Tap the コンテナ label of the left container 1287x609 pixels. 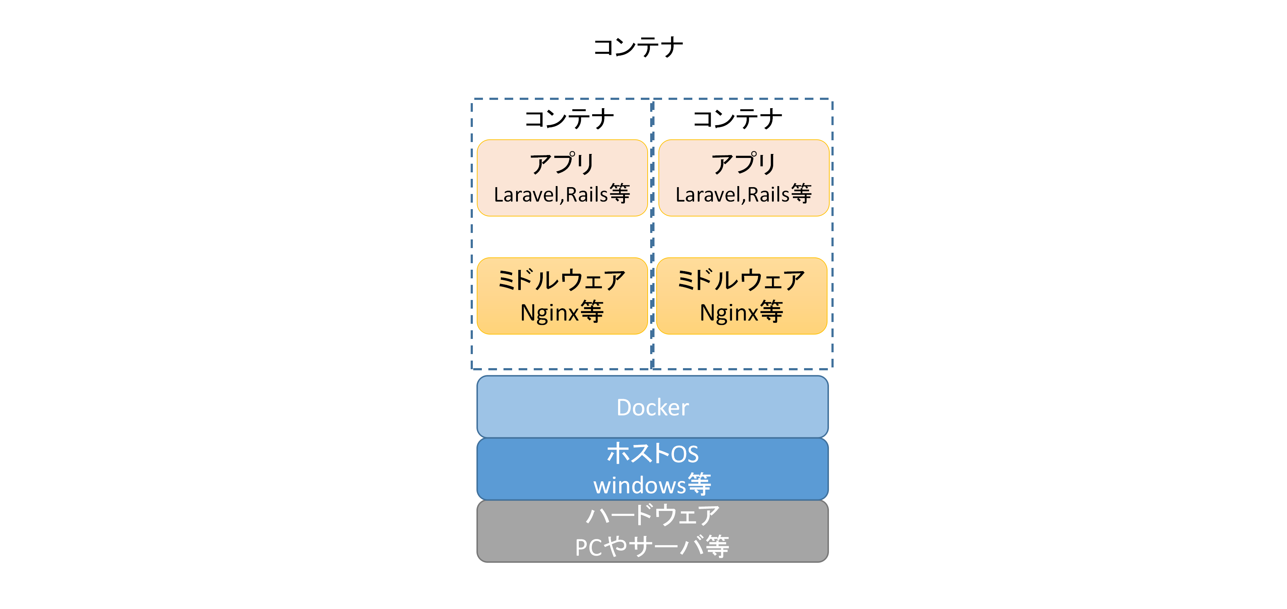pos(569,119)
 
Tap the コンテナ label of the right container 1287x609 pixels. pos(737,119)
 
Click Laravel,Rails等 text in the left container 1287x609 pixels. pos(562,194)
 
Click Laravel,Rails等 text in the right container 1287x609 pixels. pos(744,194)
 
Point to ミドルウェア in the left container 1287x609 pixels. pos(562,280)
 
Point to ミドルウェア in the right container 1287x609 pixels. pos(741,280)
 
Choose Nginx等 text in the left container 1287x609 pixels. pos(562,313)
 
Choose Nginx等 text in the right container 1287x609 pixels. pos(741,313)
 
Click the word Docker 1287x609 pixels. pos(652,407)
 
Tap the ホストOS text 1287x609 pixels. pos(652,454)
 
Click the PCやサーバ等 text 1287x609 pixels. pos(652,547)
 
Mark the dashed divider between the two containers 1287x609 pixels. pos(652,235)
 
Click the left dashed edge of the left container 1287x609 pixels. pos(472,235)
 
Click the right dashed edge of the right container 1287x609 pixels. pos(833,235)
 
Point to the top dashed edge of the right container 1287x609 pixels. pos(742,99)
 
